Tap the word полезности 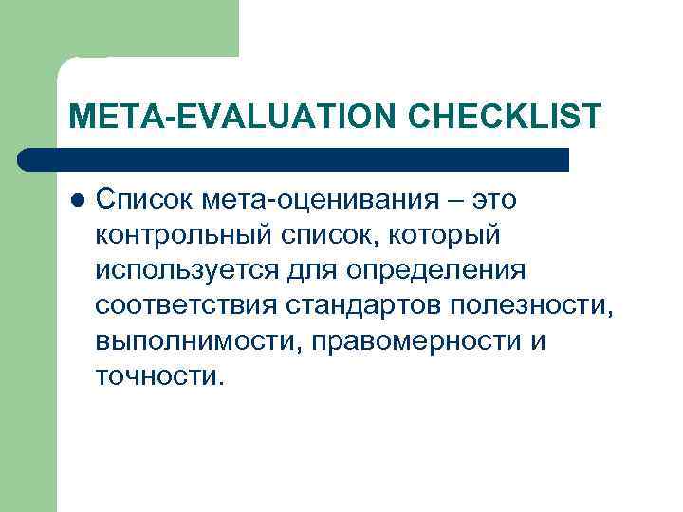click(x=539, y=304)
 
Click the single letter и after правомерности click(x=538, y=339)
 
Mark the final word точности click(x=159, y=375)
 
